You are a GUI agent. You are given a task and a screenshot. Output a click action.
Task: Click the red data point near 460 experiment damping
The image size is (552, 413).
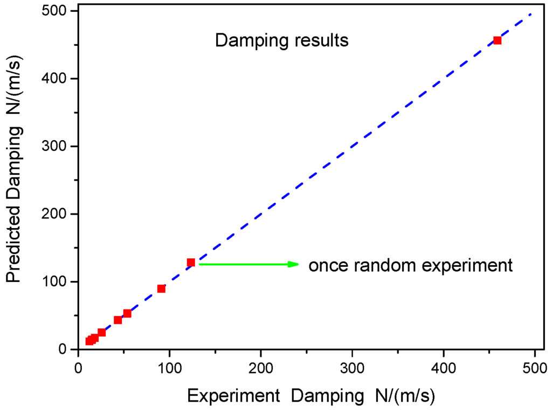(497, 40)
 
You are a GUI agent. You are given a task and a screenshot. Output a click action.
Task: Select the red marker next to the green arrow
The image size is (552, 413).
(191, 263)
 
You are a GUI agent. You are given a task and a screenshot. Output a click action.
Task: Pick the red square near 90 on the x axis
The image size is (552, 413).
(161, 288)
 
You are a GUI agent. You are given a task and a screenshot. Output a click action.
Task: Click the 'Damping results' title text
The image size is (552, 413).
(281, 41)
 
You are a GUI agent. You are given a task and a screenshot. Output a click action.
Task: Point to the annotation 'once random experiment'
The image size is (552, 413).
(410, 265)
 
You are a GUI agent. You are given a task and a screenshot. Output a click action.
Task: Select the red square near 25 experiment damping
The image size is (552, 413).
(101, 332)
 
